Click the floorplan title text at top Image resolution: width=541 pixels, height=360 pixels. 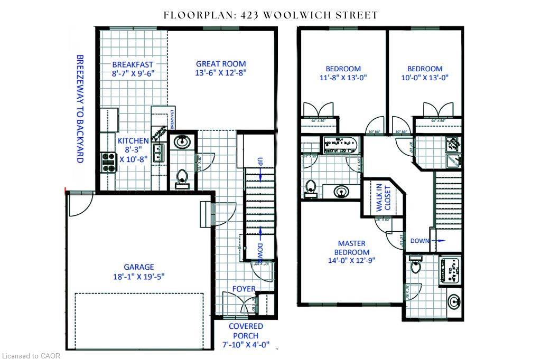click(x=270, y=15)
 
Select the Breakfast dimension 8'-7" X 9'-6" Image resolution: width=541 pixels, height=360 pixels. click(x=133, y=74)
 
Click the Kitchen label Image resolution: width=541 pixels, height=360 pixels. click(x=133, y=141)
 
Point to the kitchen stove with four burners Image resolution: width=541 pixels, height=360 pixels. click(x=108, y=162)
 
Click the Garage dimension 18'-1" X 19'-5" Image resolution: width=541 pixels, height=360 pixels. click(x=139, y=276)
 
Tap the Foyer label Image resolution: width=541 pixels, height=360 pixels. click(x=244, y=289)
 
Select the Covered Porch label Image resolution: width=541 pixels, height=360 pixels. click(x=246, y=331)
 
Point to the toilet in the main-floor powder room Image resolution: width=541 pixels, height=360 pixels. click(x=183, y=177)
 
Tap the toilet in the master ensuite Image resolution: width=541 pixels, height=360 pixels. click(x=416, y=265)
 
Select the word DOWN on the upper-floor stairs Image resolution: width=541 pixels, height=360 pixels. click(x=420, y=241)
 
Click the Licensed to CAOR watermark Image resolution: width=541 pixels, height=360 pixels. click(x=31, y=356)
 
